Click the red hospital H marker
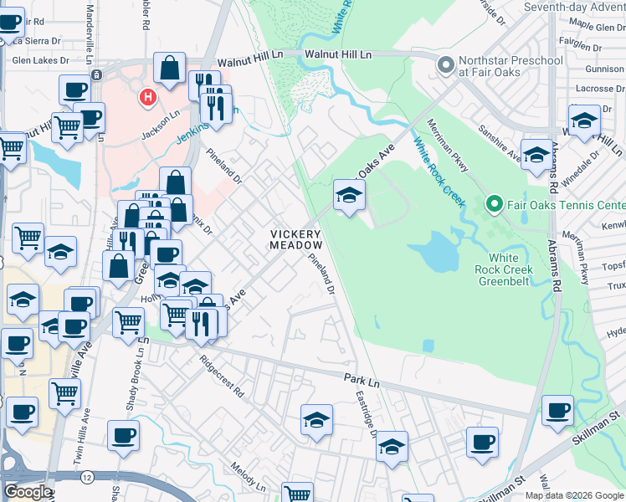pos(148,98)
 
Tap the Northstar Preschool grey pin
pos(445,64)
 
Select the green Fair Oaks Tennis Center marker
pos(494,204)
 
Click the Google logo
pos(27,492)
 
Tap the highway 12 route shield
pos(87,476)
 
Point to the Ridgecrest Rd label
pos(222,378)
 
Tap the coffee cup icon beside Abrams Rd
pos(557,410)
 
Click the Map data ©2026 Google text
pos(574,494)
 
